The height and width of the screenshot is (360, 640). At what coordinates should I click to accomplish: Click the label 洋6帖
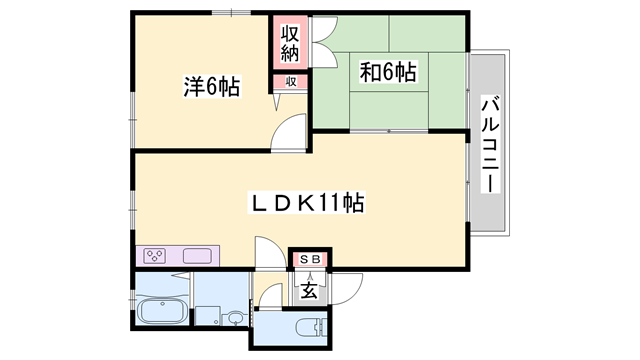pos(211,86)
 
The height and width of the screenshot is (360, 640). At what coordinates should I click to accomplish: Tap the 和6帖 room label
pos(388,72)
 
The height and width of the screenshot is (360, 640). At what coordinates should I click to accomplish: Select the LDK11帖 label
pos(307,202)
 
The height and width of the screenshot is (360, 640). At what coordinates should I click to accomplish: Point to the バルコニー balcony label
pos(490,144)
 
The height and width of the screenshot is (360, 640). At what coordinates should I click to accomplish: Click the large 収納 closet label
pos(290,42)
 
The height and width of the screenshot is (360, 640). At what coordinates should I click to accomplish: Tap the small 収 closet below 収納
pos(290,82)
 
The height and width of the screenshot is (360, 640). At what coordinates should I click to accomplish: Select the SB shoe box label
pos(310,259)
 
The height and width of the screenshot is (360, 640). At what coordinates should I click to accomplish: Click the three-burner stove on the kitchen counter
pos(156,256)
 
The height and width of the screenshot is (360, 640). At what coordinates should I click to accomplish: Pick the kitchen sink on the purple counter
pos(197,256)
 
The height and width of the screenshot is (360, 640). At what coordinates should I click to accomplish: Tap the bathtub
pos(162,311)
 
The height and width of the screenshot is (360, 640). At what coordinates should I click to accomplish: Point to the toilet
pos(311,327)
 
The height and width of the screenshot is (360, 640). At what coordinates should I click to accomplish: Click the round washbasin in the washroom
pos(235,318)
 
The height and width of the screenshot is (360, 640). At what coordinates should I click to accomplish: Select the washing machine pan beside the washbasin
pos(207,316)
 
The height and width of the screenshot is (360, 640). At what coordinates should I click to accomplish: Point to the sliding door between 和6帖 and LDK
pos(389,131)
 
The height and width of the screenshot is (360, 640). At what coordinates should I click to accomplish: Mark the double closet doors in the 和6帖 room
pos(324,42)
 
